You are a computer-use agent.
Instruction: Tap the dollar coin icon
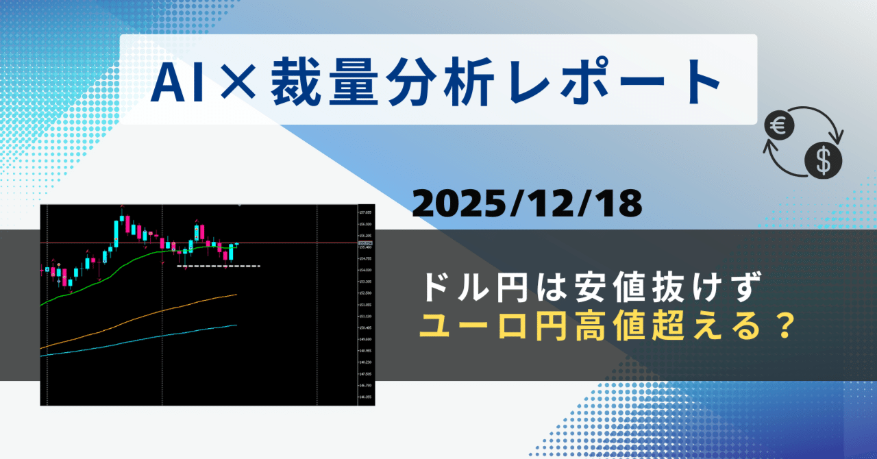[824, 161]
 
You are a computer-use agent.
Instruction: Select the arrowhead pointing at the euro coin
[770, 146]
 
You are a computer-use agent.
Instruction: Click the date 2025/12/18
[527, 203]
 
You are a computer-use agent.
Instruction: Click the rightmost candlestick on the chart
[236, 245]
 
